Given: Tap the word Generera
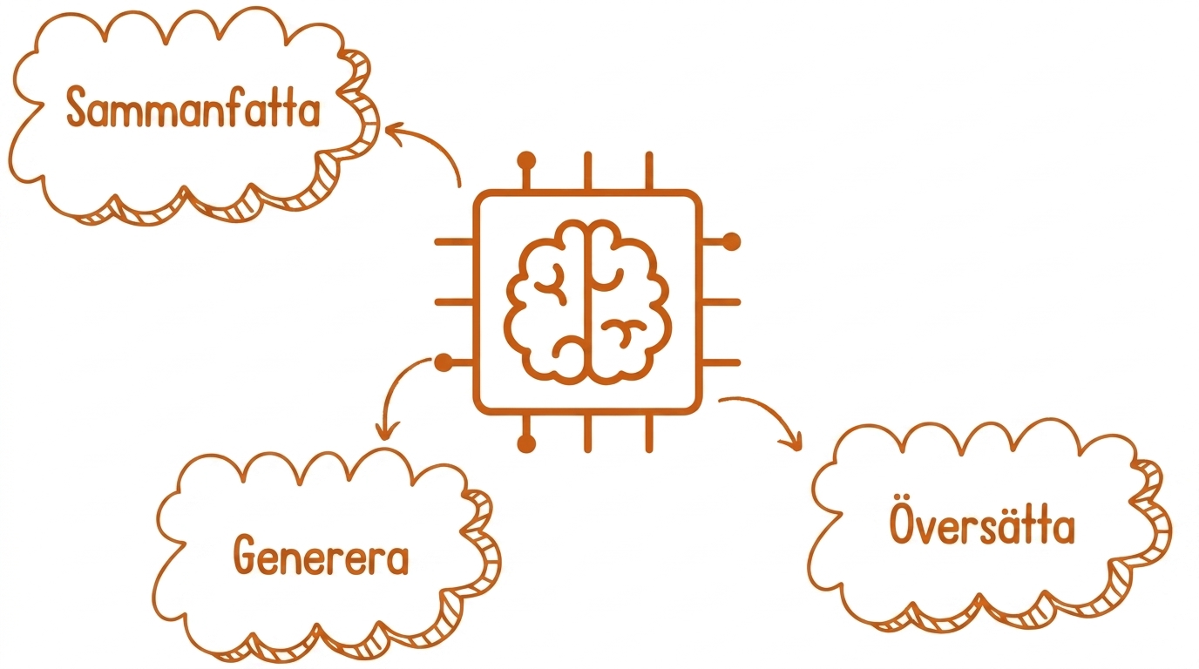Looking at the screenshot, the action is pos(322,555).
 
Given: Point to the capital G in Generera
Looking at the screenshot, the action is pos(244,555).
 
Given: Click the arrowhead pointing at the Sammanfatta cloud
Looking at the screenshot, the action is pos(394,132).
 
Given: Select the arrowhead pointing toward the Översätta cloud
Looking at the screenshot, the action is pos(793,440).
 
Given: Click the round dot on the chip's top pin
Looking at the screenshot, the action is pos(526,160).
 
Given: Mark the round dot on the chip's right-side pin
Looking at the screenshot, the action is pos(732,242).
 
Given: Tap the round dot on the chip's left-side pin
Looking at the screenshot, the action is pos(444,363).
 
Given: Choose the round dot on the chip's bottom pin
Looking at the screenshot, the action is pos(526,443).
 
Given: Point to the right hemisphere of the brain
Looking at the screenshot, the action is pos(631,302).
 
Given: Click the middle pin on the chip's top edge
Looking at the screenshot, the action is pos(587,172).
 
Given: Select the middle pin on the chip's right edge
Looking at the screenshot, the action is pos(721,302).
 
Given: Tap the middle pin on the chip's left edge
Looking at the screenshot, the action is pos(455,302).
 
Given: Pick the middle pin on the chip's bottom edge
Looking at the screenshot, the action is pos(587,432).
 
